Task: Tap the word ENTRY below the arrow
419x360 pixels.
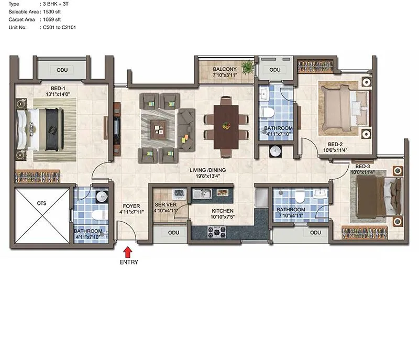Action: click(x=129, y=262)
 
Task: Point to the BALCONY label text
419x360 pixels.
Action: click(x=225, y=69)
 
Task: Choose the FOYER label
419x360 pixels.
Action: click(x=131, y=206)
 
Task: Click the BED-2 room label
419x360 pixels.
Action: click(x=335, y=144)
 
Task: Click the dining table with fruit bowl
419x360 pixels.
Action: click(x=226, y=126)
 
